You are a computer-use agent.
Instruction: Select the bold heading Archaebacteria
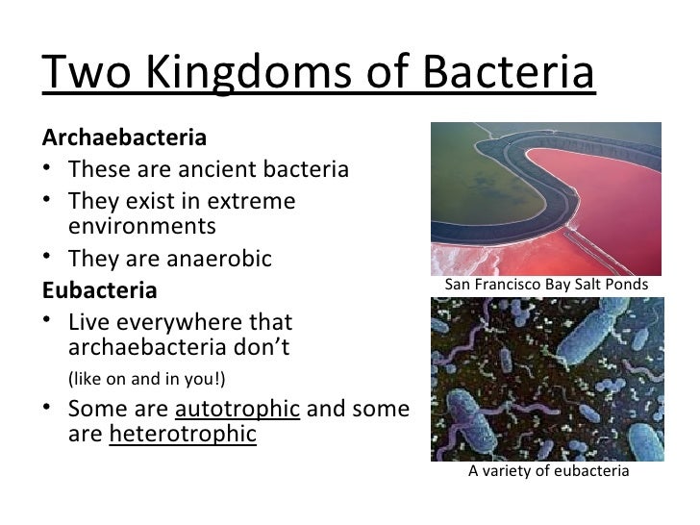123,137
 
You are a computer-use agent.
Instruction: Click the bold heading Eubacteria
99,289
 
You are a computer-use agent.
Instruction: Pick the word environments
143,227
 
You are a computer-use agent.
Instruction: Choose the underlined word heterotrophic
183,434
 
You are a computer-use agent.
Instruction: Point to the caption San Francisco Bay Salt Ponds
546,286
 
